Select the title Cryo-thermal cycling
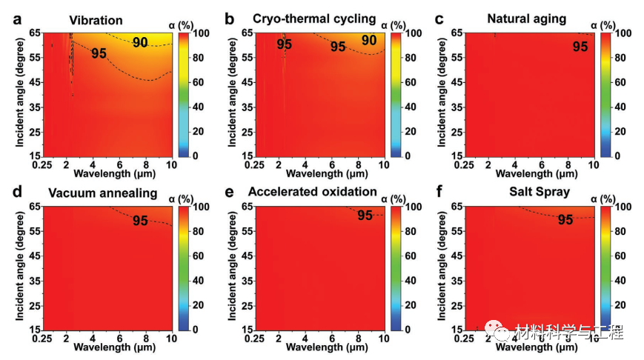pos(314,18)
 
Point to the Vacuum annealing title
pos(103,193)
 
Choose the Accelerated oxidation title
pos(313,192)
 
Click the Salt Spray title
pos(539,192)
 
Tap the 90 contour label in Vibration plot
pos(140,43)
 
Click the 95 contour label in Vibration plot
pos(99,53)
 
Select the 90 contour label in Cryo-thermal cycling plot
pos(369,41)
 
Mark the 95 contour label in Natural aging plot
pos(580,46)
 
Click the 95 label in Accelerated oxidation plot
pos(365,216)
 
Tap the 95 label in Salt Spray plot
pos(565,219)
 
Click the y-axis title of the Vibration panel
pos(18,95)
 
